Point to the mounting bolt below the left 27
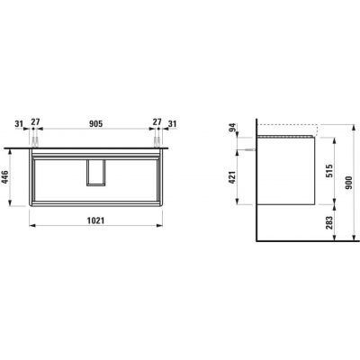36,142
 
